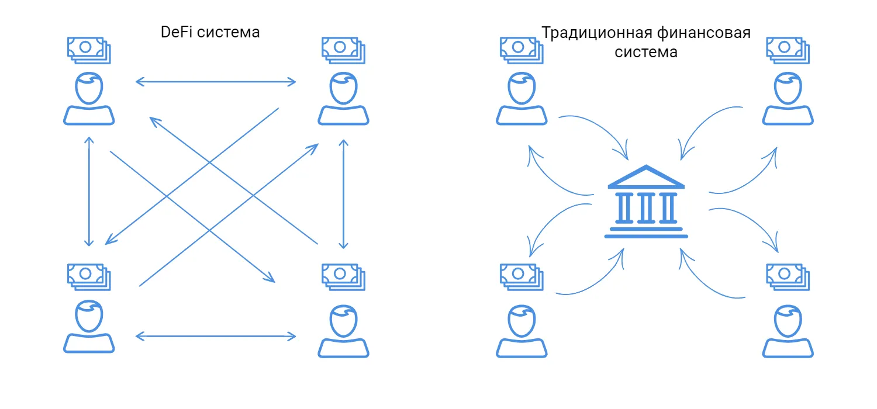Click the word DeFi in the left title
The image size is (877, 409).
[176, 32]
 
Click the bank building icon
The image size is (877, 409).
[646, 201]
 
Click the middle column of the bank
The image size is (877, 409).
[646, 208]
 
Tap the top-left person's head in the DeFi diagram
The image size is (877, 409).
[89, 88]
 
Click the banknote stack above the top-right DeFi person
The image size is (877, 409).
[343, 50]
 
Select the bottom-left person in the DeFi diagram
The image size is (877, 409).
[89, 327]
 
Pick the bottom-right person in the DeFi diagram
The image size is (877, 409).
[343, 331]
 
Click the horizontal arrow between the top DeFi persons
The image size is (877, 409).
[216, 82]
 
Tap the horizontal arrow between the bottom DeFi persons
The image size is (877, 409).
[216, 336]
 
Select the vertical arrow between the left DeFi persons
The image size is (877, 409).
[89, 192]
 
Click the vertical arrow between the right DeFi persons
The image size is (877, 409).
[343, 194]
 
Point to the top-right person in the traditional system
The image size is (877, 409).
[788, 98]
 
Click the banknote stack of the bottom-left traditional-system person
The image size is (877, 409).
[522, 277]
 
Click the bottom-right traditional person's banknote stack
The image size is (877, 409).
[788, 277]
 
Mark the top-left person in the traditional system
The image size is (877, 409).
[522, 98]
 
